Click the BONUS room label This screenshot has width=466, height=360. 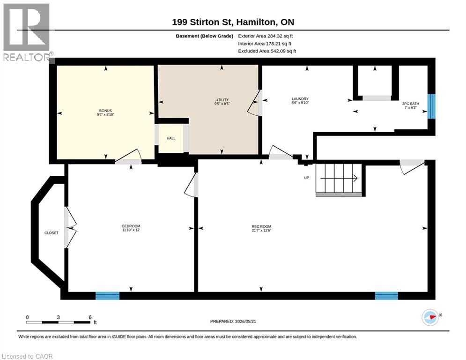click(105, 111)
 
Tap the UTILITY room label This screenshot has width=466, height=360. click(222, 100)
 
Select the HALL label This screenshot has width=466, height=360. click(171, 138)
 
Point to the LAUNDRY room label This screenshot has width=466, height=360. click(300, 99)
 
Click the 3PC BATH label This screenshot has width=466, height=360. click(411, 104)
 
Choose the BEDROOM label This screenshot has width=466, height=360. click(131, 226)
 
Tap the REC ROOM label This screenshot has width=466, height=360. click(261, 226)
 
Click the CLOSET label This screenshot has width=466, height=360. click(52, 233)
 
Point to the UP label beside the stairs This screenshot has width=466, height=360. click(307, 178)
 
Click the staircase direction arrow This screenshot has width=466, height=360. click(339, 178)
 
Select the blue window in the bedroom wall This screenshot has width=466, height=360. click(107, 296)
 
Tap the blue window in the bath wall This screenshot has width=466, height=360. click(431, 106)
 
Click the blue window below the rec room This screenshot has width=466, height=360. click(386, 296)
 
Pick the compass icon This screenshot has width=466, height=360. click(430, 317)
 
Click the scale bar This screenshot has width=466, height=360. click(58, 322)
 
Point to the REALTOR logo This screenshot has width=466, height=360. click(27, 32)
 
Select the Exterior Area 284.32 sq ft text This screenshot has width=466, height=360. click(266, 36)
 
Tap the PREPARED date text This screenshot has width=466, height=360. click(233, 321)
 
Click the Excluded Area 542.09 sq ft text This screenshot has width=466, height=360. click(267, 51)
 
